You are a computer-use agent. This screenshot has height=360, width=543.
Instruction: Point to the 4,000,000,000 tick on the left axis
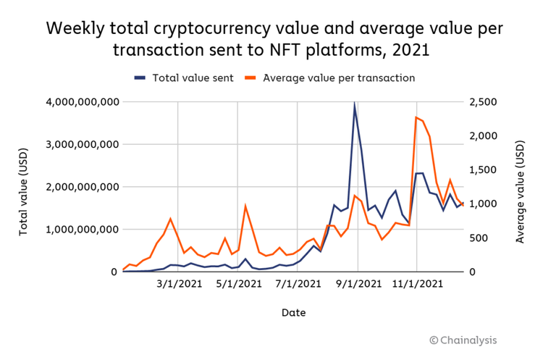click(77, 102)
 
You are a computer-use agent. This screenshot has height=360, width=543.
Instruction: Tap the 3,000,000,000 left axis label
click(77, 145)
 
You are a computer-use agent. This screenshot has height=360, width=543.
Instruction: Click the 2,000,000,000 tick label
click(77, 187)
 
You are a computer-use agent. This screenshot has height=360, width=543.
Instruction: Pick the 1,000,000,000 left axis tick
click(77, 230)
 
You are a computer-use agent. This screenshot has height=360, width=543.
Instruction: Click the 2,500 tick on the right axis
click(482, 102)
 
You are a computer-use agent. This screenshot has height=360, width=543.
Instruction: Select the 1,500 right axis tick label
click(482, 170)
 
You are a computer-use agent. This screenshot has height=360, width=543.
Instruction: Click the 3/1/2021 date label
click(178, 284)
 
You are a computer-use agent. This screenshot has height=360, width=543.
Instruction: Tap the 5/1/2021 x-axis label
click(238, 284)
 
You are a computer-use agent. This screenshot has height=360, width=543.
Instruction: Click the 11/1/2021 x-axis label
click(416, 284)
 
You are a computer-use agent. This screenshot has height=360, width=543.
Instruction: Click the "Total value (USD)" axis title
click(23, 187)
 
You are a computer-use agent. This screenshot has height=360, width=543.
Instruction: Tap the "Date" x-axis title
click(294, 313)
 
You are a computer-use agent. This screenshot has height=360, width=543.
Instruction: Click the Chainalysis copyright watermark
click(463, 340)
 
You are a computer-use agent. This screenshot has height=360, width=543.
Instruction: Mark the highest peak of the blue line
click(355, 104)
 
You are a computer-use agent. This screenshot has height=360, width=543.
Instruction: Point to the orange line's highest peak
click(416, 117)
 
